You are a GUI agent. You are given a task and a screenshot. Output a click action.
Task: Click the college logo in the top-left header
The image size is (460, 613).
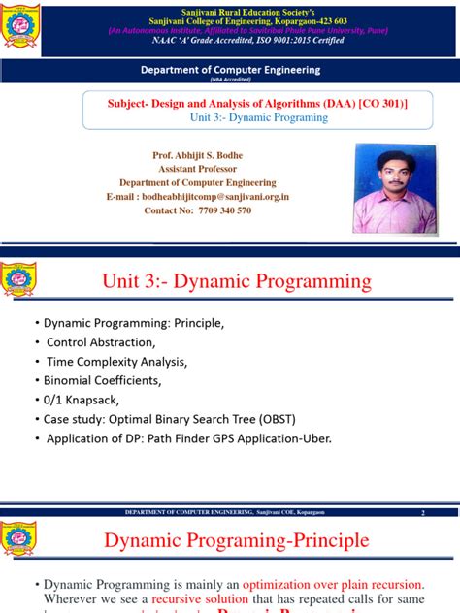click(21, 27)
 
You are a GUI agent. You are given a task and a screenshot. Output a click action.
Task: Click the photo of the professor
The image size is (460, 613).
click(394, 189)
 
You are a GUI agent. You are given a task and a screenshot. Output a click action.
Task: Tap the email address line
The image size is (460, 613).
click(203, 196)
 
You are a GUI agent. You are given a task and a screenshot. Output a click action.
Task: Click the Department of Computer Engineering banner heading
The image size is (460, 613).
click(230, 70)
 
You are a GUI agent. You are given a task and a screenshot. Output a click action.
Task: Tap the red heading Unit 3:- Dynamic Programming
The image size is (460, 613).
click(237, 281)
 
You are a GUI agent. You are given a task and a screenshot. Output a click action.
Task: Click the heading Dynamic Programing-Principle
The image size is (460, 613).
click(237, 540)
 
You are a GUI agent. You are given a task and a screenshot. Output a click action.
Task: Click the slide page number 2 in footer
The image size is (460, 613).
click(423, 512)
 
